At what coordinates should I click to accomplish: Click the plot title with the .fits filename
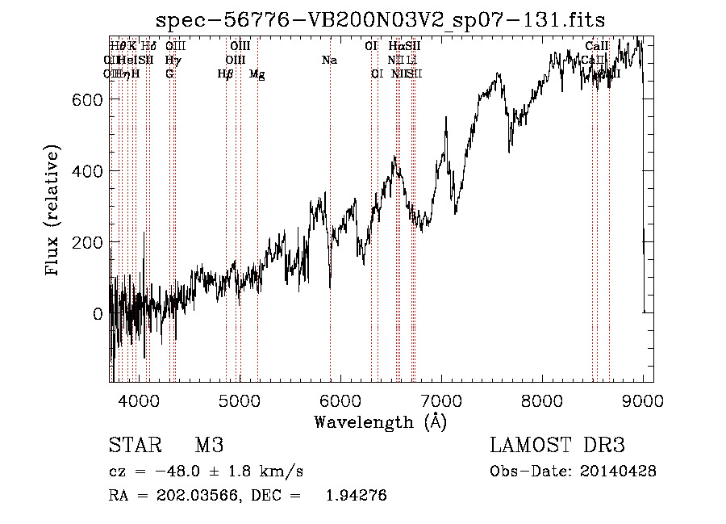[x=380, y=19]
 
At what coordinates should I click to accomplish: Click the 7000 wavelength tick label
[x=441, y=400]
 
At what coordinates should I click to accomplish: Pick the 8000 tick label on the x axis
[x=542, y=400]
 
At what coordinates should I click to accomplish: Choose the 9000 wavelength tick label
[x=643, y=400]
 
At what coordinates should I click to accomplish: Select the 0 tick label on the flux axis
[x=98, y=314]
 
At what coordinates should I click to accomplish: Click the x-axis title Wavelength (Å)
[x=380, y=421]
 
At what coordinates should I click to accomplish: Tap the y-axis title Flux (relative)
[x=54, y=212]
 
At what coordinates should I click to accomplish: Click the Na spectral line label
[x=329, y=61]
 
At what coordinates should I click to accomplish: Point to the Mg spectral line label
[x=257, y=74]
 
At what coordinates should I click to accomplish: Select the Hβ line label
[x=226, y=74]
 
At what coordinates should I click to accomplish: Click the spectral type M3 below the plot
[x=208, y=446]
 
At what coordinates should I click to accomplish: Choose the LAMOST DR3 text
[x=557, y=446]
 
